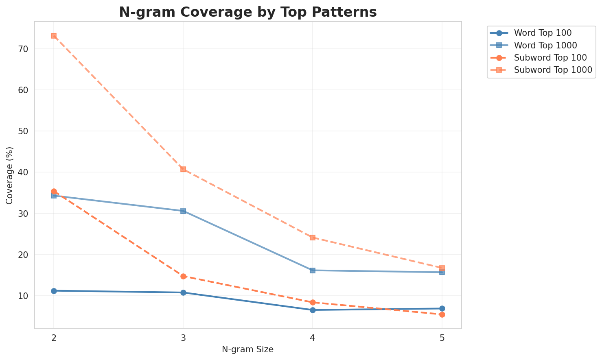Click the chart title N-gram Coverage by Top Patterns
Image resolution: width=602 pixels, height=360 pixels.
[247, 12]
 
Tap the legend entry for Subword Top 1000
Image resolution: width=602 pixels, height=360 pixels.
[553, 70]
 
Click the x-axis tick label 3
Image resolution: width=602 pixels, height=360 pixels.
[183, 338]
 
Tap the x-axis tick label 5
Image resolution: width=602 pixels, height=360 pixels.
[442, 338]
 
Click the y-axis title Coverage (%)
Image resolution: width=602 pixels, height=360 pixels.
[9, 175]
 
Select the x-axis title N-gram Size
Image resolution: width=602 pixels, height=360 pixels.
[247, 349]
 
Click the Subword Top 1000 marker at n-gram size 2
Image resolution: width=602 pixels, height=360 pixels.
[54, 36]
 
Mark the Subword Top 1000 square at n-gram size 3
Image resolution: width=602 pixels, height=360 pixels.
[183, 169]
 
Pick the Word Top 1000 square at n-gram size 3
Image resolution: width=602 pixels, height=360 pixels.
[183, 211]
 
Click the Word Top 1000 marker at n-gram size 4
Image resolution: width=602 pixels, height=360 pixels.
[313, 271]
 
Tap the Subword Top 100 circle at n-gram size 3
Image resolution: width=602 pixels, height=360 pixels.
[183, 277]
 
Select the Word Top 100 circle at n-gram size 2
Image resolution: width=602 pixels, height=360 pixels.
[54, 291]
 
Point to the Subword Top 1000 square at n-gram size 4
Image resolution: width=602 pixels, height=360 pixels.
[313, 238]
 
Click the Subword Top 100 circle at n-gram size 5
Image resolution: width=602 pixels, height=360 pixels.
[442, 314]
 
